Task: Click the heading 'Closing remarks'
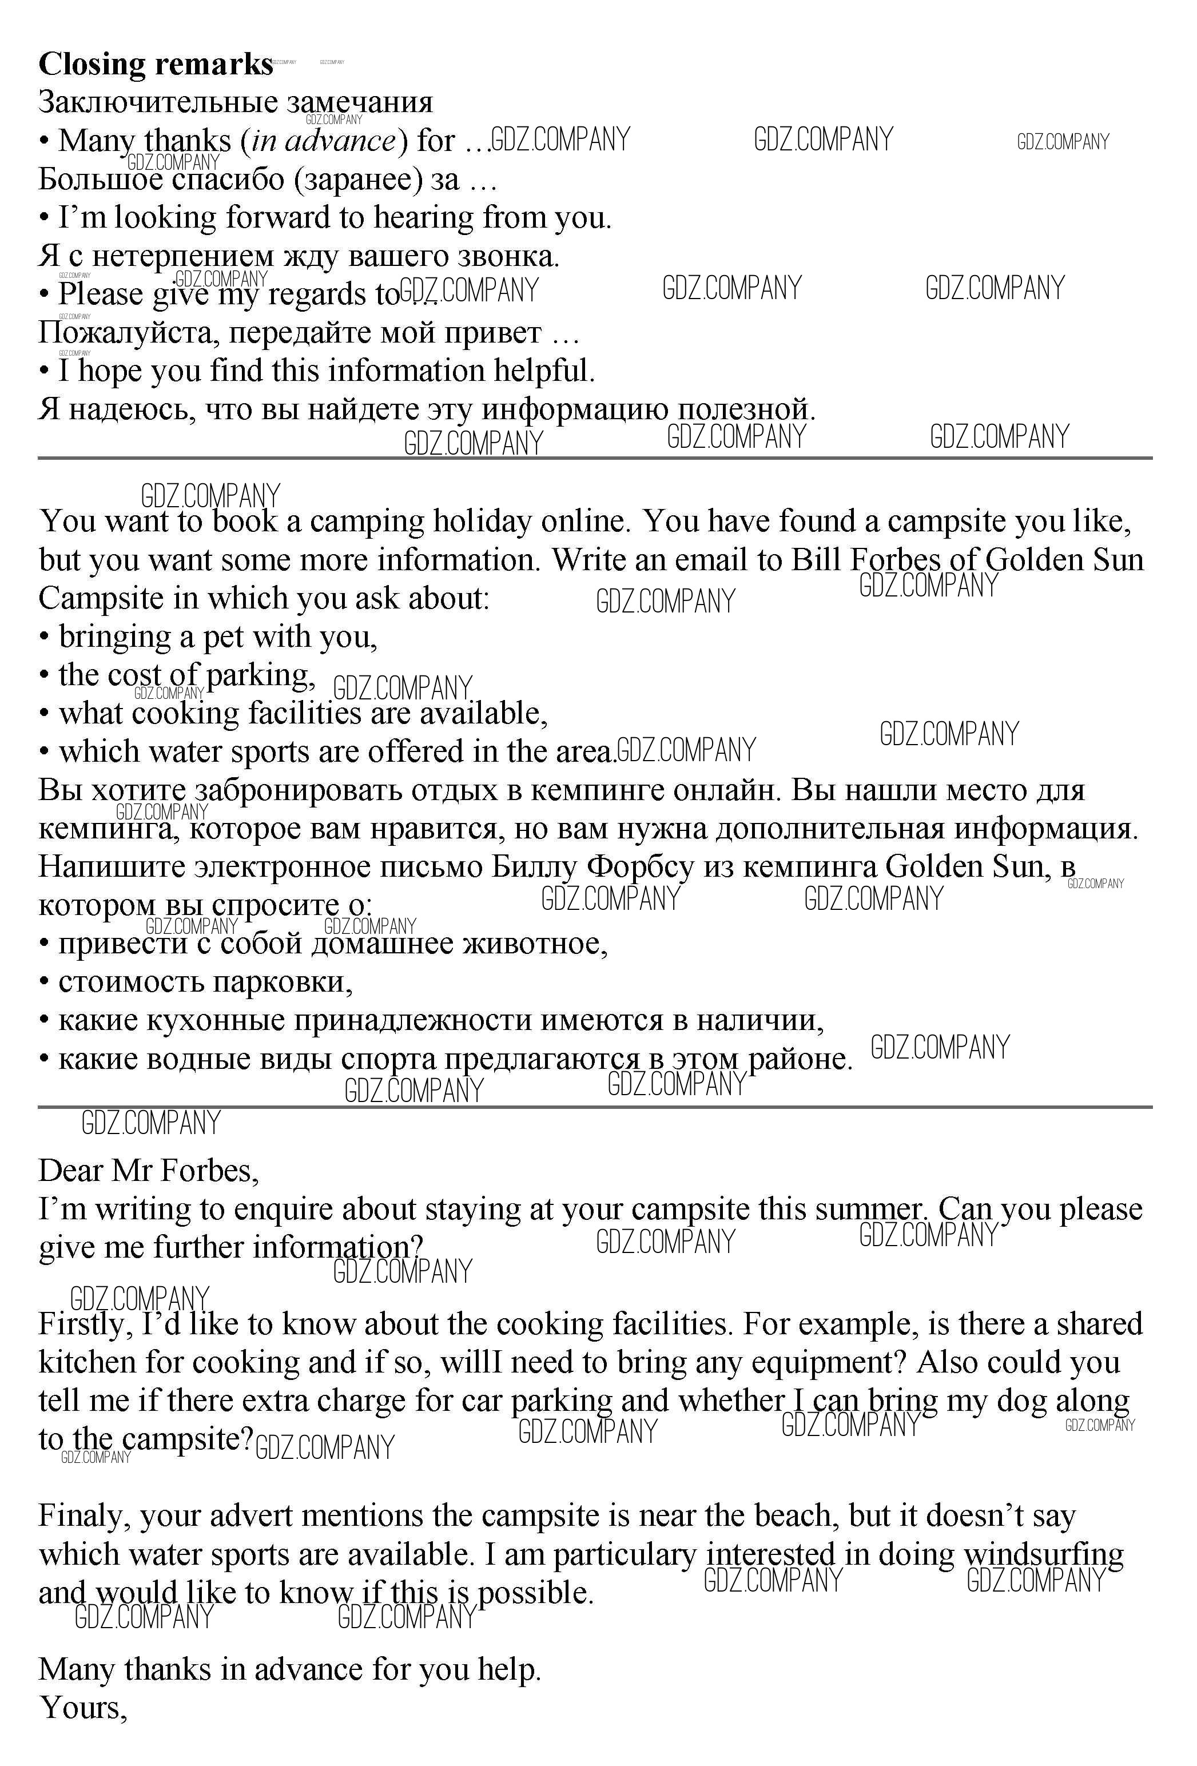(x=155, y=65)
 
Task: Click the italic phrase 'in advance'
(x=324, y=141)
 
